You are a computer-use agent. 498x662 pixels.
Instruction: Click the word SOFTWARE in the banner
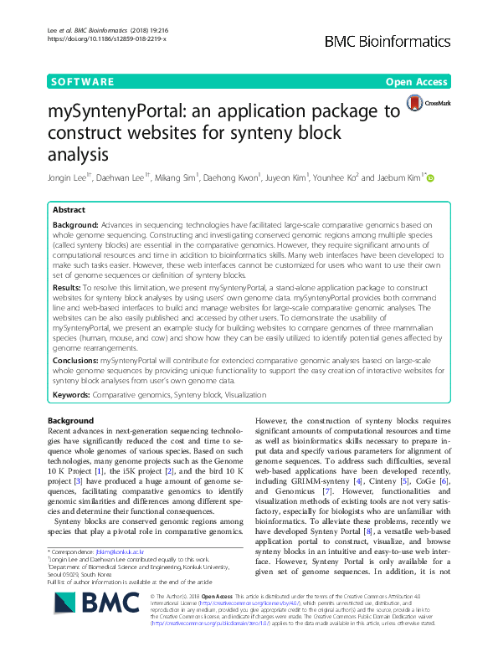point(82,81)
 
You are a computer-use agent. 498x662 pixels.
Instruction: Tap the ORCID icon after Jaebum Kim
point(432,177)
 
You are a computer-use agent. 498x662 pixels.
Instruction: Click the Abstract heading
point(69,210)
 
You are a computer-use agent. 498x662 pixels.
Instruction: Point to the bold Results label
point(70,286)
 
